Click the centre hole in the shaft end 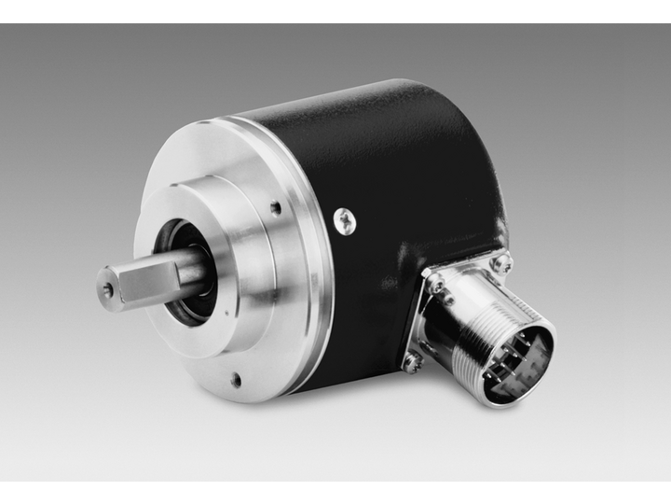point(108,291)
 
